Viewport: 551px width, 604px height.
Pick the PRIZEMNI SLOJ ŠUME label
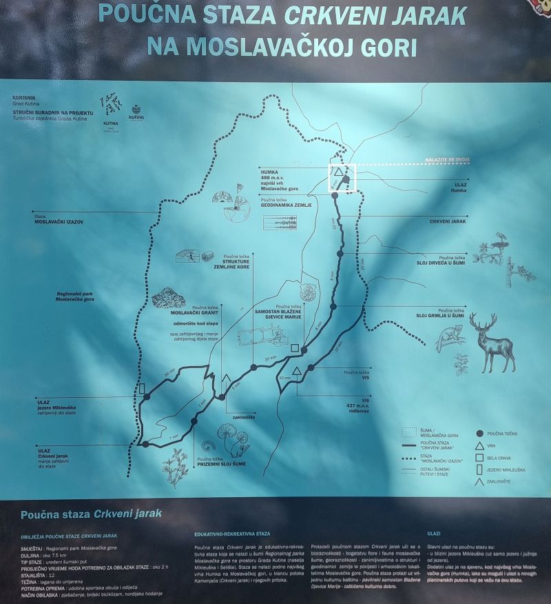click(x=220, y=464)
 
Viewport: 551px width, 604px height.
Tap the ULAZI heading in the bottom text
click(x=435, y=533)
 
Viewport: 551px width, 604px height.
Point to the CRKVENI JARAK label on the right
click(x=448, y=222)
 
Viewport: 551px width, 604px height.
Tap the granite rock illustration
click(x=168, y=299)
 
